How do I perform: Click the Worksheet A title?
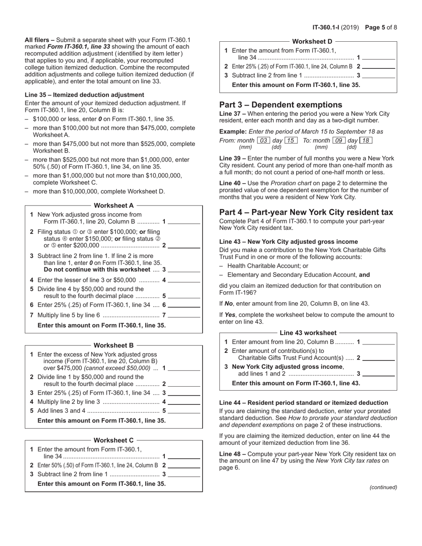(x=114, y=206)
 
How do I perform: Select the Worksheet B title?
(x=114, y=345)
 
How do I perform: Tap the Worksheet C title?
(x=114, y=440)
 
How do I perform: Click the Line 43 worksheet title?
(x=308, y=332)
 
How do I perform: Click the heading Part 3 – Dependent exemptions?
(x=281, y=105)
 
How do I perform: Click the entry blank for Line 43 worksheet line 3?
(x=378, y=374)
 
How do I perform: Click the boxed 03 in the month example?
(x=264, y=140)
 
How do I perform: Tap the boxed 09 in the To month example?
(x=339, y=140)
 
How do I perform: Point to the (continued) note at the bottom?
(x=383, y=487)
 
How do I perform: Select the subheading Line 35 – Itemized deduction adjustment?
(x=84, y=95)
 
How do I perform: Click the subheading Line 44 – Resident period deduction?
(x=303, y=403)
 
